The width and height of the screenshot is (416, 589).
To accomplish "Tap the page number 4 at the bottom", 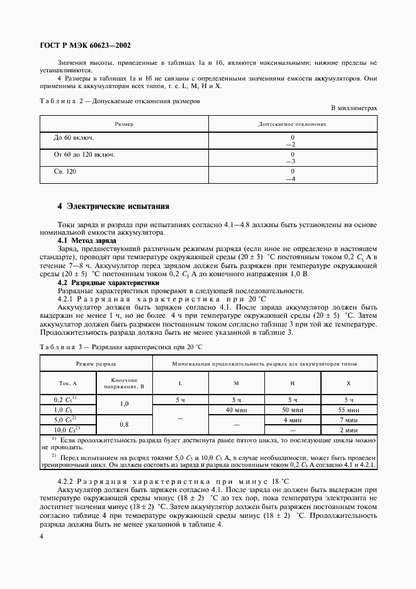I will (41, 536).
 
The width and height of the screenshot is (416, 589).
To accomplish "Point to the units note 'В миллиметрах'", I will (354, 108).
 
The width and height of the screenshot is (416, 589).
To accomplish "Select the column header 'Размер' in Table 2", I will (124, 124).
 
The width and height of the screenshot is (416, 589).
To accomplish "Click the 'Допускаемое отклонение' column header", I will (292, 124).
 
